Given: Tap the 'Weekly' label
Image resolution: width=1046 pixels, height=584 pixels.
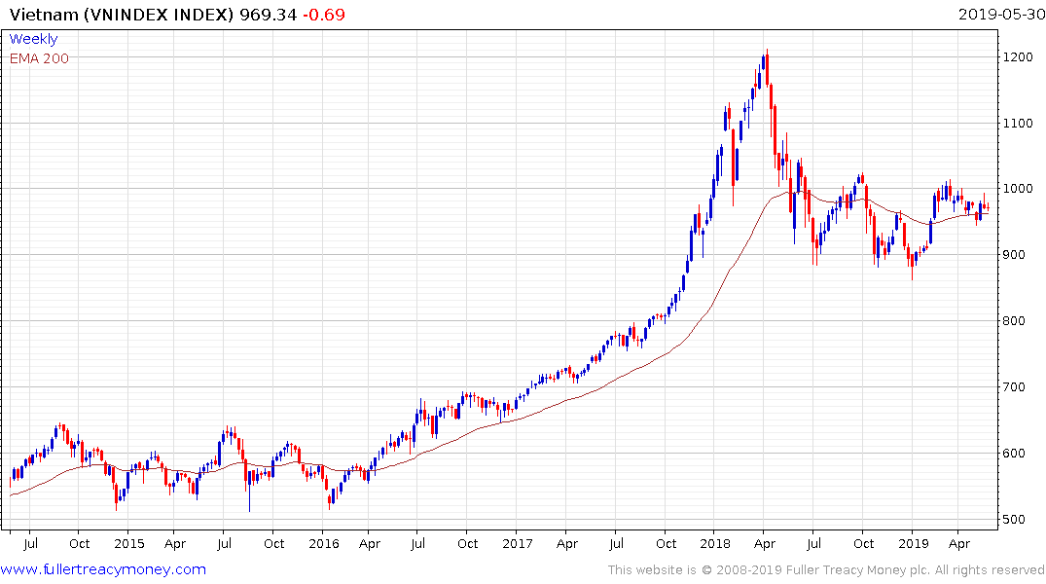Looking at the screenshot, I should pos(33,39).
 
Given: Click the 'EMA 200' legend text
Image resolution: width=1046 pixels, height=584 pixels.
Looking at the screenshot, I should pos(39,57).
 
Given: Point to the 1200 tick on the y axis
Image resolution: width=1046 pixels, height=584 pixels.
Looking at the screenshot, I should pos(1018,57).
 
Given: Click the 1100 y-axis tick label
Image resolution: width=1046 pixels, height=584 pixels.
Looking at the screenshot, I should pos(1018,124).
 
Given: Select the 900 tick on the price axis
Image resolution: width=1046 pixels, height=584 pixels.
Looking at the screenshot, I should pos(1015,255).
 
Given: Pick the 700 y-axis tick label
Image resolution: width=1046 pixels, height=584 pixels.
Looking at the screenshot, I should pos(1015,387).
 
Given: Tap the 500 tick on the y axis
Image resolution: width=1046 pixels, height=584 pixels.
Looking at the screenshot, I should pos(1015,519).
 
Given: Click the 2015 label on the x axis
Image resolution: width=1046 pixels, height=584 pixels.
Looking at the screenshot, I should pos(128,543).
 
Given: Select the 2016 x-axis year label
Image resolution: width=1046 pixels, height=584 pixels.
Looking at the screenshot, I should pos(324,543).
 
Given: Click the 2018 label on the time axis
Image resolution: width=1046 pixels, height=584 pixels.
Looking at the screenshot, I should pos(716,543).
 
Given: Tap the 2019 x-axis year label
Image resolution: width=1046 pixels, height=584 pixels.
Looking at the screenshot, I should pos(913,543).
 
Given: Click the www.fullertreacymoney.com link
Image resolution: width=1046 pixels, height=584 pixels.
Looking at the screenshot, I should pos(103,569).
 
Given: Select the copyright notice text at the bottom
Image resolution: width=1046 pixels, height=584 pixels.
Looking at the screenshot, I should pos(826,569).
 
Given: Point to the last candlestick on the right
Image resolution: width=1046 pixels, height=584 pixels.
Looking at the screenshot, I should pos(988,205).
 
